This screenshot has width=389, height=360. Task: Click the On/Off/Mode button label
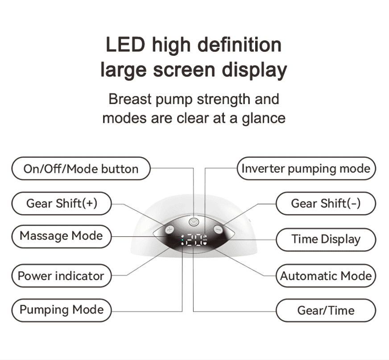coord(81,169)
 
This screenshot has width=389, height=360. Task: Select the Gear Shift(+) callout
coord(62,203)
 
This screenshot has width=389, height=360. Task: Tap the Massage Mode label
coord(61,236)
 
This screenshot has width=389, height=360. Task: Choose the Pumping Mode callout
coord(62,310)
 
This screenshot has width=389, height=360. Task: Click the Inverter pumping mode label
coord(306,168)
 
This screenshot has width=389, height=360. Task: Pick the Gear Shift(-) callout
coord(326,204)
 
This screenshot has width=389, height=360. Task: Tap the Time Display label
coord(326,239)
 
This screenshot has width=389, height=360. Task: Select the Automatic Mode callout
coord(326,276)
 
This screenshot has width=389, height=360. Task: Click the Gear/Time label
coord(326,310)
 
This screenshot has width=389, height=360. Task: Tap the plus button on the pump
coord(169,230)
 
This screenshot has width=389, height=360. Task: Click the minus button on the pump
coord(217,229)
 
